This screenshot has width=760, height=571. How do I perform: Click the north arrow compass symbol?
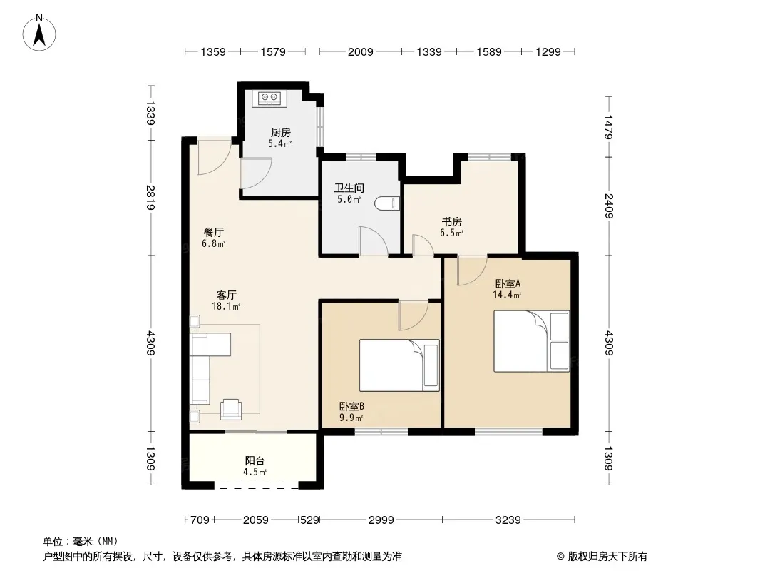(x=38, y=33)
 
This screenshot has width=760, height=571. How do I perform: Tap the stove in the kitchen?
(x=269, y=98)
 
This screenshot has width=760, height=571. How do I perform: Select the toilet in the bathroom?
(x=387, y=203)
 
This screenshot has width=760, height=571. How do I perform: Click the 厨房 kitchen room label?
(x=281, y=132)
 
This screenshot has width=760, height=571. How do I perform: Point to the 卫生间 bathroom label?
(x=349, y=188)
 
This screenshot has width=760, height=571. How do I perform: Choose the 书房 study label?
(x=451, y=222)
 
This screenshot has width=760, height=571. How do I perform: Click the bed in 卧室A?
(x=532, y=341)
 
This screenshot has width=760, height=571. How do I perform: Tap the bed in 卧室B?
(x=399, y=365)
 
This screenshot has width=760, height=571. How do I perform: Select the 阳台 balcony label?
(x=255, y=461)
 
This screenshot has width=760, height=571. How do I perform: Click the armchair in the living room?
(x=231, y=408)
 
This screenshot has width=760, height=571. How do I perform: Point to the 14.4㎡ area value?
(x=507, y=295)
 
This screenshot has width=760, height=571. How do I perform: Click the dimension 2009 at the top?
(x=360, y=51)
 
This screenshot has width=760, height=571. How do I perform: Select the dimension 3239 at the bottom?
(x=508, y=520)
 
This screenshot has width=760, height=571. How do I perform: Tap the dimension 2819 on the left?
(x=150, y=198)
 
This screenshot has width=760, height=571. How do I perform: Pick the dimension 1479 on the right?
(x=609, y=127)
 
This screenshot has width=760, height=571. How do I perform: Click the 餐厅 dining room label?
(x=214, y=232)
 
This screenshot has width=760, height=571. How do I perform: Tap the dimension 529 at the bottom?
(x=309, y=520)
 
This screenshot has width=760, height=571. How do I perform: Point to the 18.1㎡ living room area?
(x=226, y=307)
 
